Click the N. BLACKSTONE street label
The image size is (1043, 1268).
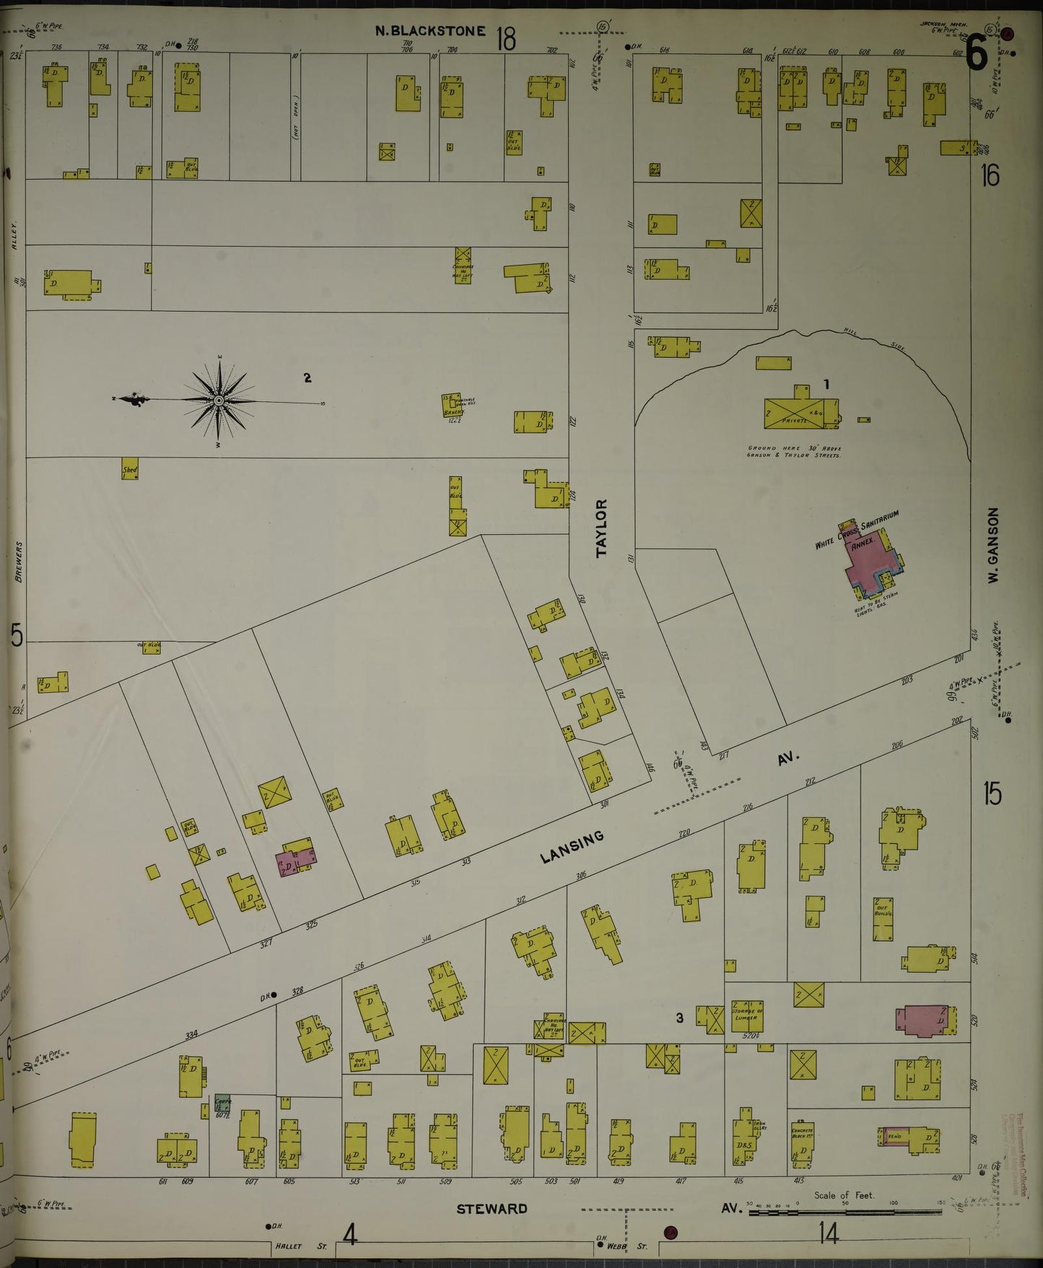point(430,31)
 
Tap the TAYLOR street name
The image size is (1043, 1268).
point(603,528)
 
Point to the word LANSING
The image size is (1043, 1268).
point(572,846)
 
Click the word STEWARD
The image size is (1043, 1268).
point(492,1209)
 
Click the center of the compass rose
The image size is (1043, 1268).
point(218,401)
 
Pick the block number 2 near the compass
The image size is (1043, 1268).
point(307,377)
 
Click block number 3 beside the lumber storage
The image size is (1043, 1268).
point(679,1018)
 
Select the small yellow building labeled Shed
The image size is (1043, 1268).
point(130,469)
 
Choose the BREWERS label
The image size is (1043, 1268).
point(18,561)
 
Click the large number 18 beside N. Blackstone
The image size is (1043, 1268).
point(506,39)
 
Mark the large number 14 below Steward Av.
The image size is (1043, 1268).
point(829,1235)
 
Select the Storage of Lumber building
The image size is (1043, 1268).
point(746,1016)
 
